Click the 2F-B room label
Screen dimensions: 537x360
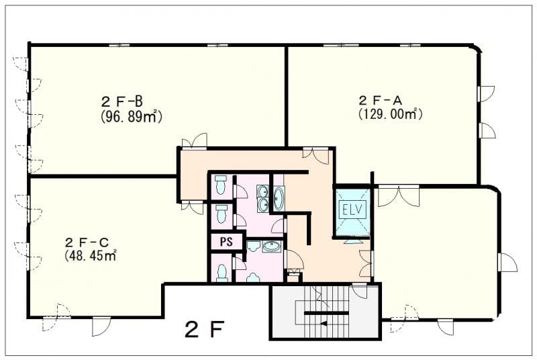tap(122, 101)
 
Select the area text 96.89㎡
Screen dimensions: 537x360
tap(131, 116)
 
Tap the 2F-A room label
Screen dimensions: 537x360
tap(380, 101)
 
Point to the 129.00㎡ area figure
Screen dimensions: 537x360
tap(390, 114)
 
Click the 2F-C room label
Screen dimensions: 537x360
tap(87, 243)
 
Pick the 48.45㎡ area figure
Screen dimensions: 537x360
tap(90, 255)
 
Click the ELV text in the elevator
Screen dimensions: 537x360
tap(352, 209)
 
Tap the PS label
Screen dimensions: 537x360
tap(226, 242)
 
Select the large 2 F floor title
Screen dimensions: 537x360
tap(205, 329)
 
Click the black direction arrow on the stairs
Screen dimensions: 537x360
tap(323, 323)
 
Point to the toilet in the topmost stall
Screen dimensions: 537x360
tap(221, 185)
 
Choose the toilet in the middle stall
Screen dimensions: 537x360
tap(222, 214)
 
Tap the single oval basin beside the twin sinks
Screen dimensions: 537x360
tap(278, 198)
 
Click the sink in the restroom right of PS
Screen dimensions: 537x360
tap(272, 246)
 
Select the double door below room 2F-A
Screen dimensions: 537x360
tap(398, 196)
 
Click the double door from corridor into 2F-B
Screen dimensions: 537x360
tap(194, 141)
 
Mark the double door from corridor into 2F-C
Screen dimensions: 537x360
tap(192, 208)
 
